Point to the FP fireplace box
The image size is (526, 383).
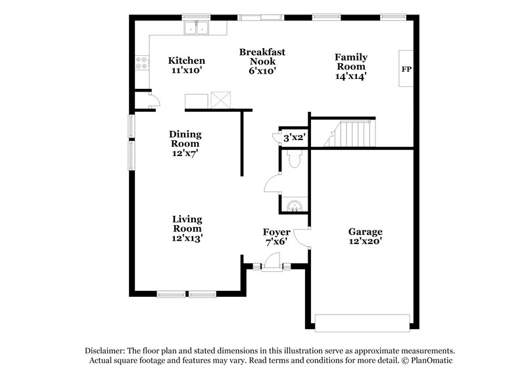point(406,68)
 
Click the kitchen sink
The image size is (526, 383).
point(196,28)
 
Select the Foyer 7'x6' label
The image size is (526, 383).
point(277,237)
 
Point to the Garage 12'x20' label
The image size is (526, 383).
point(365,237)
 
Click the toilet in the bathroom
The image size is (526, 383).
point(294,159)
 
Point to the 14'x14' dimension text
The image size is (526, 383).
point(351,76)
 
